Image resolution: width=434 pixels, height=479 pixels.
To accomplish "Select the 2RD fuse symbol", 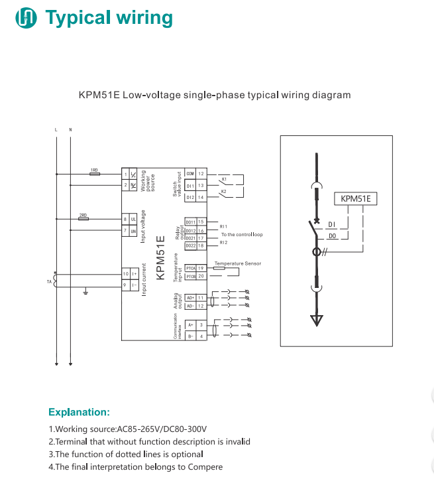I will (83, 219).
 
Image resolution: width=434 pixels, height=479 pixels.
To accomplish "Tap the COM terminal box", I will (190, 173).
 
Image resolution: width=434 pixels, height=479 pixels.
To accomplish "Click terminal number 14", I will (201, 197).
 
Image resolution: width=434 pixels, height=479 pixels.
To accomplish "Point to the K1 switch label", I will (224, 180).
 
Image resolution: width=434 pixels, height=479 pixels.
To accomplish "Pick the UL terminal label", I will (133, 219).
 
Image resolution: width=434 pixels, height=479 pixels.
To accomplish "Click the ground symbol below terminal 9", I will (85, 291).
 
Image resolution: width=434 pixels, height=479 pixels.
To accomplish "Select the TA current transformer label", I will (48, 281).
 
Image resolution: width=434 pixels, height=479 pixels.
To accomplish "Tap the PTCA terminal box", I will (190, 267).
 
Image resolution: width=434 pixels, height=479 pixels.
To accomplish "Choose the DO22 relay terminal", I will (190, 245).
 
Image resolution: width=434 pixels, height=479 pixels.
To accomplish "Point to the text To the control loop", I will (242, 235).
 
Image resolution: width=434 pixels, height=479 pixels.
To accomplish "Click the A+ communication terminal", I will (190, 325).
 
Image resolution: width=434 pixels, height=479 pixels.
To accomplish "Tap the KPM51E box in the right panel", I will (355, 198).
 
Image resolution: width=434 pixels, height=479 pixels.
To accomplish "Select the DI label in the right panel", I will (332, 224).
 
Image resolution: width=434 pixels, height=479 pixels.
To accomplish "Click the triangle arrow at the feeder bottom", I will (317, 320).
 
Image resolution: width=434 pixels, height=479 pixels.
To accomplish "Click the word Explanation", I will (79, 412).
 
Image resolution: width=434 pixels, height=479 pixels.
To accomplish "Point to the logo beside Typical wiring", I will (27, 18).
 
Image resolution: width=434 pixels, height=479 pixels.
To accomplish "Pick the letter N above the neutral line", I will (70, 128).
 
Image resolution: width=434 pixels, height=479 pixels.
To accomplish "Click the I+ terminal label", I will (133, 273).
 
